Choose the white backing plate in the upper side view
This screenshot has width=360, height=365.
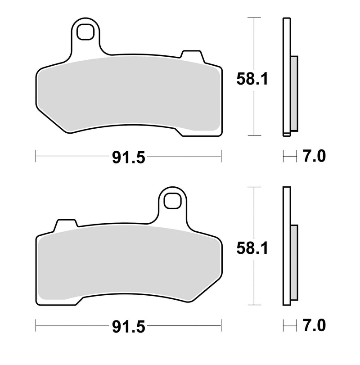pos(286,77)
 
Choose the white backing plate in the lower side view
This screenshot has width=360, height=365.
pos(286,245)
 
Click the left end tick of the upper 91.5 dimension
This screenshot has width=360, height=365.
pos(36,157)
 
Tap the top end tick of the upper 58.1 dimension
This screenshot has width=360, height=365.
pos(255,18)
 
